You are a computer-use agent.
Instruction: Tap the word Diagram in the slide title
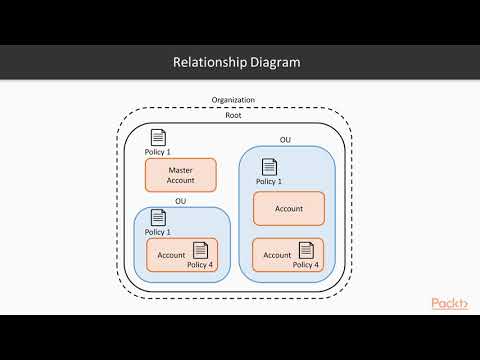(x=275, y=62)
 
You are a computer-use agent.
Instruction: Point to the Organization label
(x=233, y=100)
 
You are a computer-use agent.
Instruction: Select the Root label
(x=233, y=115)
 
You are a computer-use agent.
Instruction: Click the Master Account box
(x=181, y=175)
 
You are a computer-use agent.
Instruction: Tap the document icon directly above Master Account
(x=157, y=138)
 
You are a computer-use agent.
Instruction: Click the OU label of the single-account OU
(x=181, y=201)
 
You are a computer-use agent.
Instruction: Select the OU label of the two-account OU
(x=286, y=141)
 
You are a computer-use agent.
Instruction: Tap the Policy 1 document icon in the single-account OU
(x=157, y=217)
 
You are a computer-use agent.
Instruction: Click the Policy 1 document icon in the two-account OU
(x=268, y=167)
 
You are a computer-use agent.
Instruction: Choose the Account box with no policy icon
(x=288, y=208)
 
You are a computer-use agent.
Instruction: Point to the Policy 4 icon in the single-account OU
(x=200, y=250)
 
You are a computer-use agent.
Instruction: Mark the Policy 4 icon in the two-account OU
(x=305, y=250)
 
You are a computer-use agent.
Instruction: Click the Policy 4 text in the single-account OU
(x=200, y=265)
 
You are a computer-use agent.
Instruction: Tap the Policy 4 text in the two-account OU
(x=305, y=265)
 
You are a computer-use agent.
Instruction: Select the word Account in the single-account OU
(x=171, y=255)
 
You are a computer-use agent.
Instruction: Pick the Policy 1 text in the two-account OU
(x=269, y=182)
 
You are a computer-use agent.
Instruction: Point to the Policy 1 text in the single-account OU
(x=158, y=232)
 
